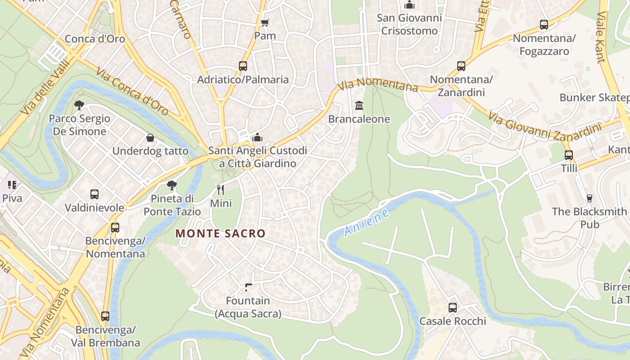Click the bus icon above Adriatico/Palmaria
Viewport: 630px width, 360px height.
tap(243, 66)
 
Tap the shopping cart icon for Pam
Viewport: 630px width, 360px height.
tap(265, 22)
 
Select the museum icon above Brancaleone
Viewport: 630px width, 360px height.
tap(359, 106)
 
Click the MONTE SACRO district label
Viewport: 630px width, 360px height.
tap(220, 234)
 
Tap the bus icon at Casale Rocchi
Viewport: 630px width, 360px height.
tap(453, 308)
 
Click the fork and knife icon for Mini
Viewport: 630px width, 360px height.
tap(220, 189)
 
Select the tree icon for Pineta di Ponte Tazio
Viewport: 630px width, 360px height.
tap(171, 185)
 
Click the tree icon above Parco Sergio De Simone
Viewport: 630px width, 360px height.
tap(79, 105)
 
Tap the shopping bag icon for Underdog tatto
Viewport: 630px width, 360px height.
tap(150, 138)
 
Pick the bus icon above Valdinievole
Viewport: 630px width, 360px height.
tap(94, 194)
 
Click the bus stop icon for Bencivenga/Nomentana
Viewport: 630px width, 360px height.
tap(115, 228)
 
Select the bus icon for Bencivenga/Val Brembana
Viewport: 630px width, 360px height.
tap(105, 316)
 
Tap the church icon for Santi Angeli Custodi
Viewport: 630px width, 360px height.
tap(257, 137)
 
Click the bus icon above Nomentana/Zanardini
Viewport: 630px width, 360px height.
tap(461, 66)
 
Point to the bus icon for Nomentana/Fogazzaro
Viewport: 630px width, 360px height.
tap(544, 25)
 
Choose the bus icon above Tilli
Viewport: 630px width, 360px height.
tap(569, 155)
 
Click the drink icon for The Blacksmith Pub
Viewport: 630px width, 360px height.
tap(589, 198)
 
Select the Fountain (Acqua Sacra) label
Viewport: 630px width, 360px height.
tap(248, 307)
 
